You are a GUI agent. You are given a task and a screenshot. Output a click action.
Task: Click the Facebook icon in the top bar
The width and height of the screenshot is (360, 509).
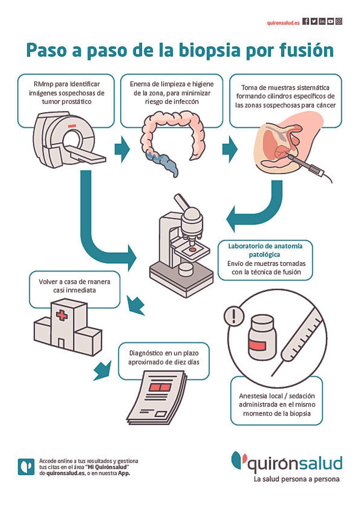click(x=306, y=21)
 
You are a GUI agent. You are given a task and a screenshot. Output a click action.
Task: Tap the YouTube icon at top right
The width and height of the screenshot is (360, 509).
click(x=331, y=21)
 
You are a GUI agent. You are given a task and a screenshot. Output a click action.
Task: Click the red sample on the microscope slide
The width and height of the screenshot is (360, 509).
click(x=192, y=249)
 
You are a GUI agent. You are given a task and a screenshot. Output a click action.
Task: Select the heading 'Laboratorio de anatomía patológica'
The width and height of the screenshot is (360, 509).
click(x=265, y=250)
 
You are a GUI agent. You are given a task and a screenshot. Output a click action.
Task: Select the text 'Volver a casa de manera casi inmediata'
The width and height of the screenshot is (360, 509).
click(x=74, y=286)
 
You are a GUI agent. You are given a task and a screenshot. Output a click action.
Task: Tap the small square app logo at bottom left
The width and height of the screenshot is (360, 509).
click(x=26, y=467)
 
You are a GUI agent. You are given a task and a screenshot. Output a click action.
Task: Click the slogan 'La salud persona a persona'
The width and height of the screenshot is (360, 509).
click(x=296, y=479)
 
